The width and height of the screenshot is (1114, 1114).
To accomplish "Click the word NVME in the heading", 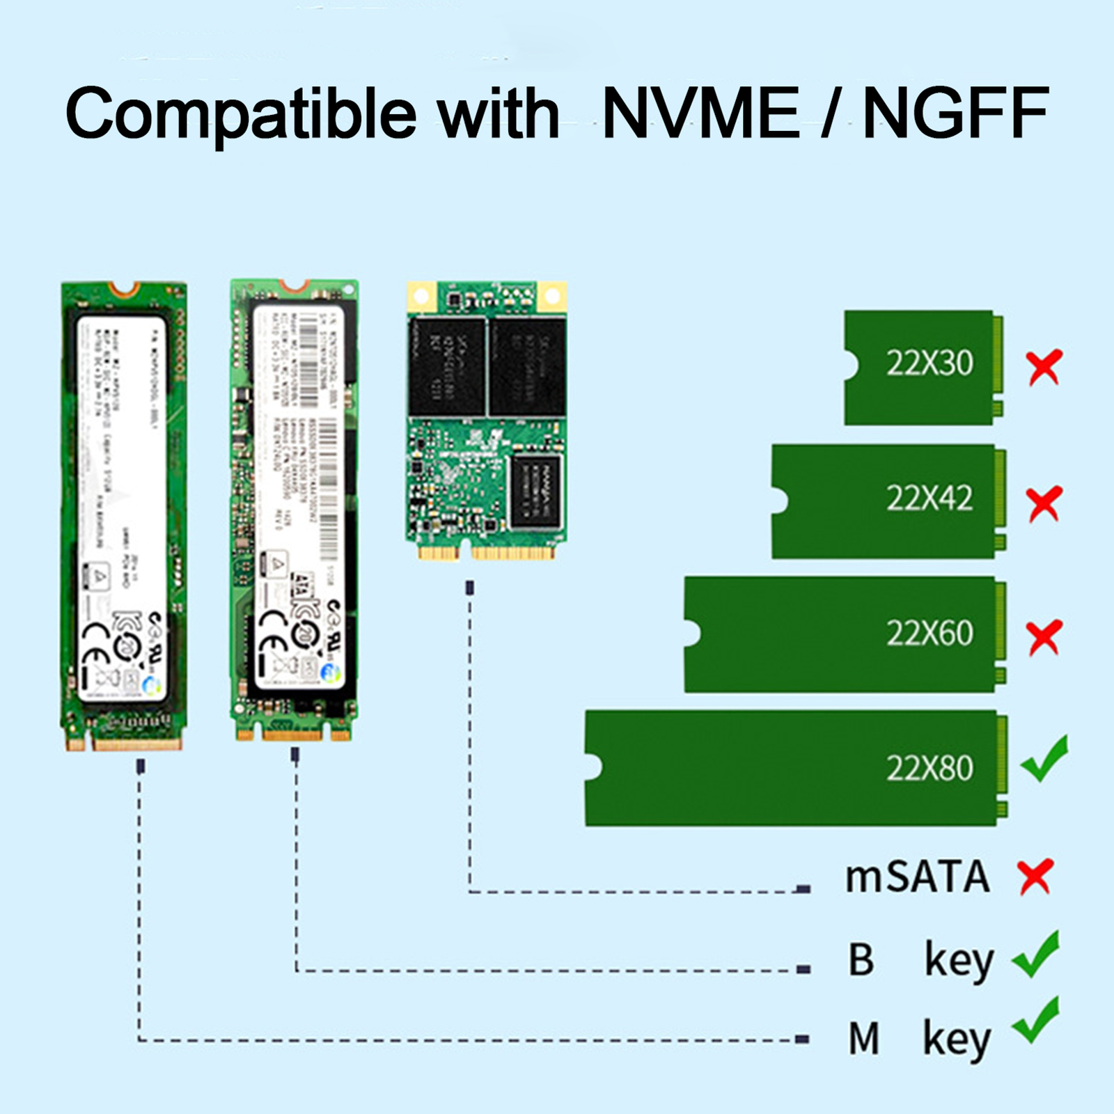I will pyautogui.click(x=700, y=113).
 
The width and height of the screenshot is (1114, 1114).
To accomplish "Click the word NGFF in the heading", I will pyautogui.click(x=955, y=113).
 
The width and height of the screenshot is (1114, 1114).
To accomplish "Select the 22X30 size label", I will pyautogui.click(x=929, y=363).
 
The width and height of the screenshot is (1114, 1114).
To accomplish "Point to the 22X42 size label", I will pyautogui.click(x=929, y=498).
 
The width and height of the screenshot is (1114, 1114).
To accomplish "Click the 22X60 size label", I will pyautogui.click(x=929, y=633).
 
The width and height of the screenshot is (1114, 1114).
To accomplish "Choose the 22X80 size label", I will pyautogui.click(x=929, y=768).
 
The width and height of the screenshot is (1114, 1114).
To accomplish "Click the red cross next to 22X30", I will pyautogui.click(x=1044, y=367).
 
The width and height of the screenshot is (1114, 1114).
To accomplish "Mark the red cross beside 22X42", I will pyautogui.click(x=1044, y=503).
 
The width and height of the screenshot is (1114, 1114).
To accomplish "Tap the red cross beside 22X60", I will pyautogui.click(x=1044, y=636).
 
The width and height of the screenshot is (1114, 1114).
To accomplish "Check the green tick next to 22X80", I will pyautogui.click(x=1045, y=758).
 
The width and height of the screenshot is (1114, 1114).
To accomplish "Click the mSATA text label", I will pyautogui.click(x=916, y=877).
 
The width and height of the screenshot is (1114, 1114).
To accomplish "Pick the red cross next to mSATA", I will pyautogui.click(x=1035, y=877).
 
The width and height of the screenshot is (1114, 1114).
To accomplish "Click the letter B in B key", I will pyautogui.click(x=861, y=959).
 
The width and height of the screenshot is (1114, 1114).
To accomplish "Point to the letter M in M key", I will pyautogui.click(x=863, y=1039).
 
